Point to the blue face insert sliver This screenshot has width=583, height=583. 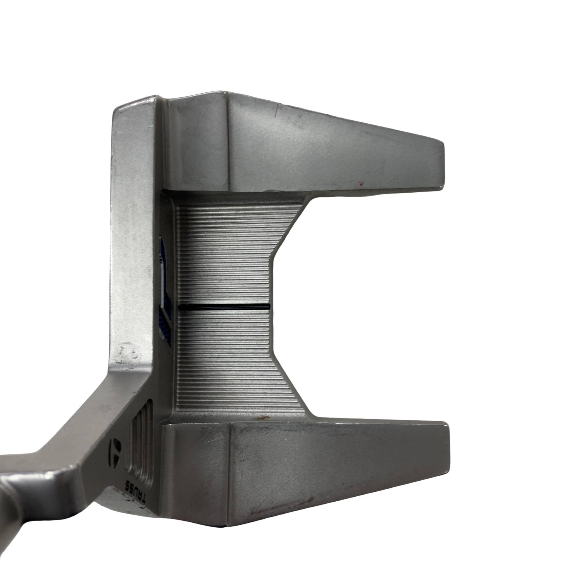coord(164,290)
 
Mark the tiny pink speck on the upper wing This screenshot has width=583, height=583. coord(360,182)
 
